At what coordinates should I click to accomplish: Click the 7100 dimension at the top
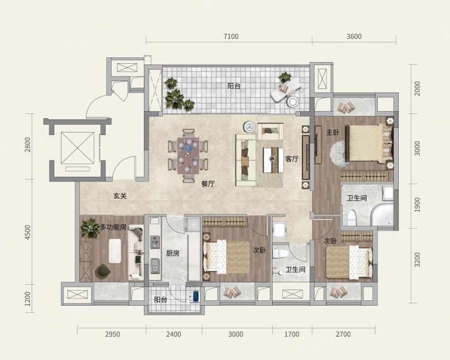(x=231, y=36)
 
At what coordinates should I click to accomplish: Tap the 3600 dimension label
(x=354, y=36)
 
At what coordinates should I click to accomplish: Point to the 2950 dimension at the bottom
(x=112, y=334)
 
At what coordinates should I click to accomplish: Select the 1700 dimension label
(x=292, y=334)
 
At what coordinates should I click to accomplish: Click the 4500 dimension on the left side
(x=27, y=232)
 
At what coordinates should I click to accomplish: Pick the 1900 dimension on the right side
(x=417, y=205)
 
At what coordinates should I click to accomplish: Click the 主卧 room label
(x=332, y=133)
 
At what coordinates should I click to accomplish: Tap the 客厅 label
(x=292, y=159)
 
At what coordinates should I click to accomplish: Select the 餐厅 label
(x=208, y=184)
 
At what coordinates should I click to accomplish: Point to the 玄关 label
(x=120, y=196)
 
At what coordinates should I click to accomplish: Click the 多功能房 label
(x=113, y=227)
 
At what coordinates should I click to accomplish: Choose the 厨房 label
(x=172, y=253)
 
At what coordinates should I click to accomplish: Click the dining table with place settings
(x=188, y=156)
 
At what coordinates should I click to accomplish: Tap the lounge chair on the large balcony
(x=286, y=90)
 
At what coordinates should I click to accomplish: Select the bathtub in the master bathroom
(x=383, y=214)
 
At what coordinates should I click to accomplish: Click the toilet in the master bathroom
(x=352, y=217)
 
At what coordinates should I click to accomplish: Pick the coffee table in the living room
(x=273, y=160)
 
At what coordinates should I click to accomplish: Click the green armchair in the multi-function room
(x=103, y=271)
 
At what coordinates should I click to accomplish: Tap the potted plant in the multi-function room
(x=90, y=228)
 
